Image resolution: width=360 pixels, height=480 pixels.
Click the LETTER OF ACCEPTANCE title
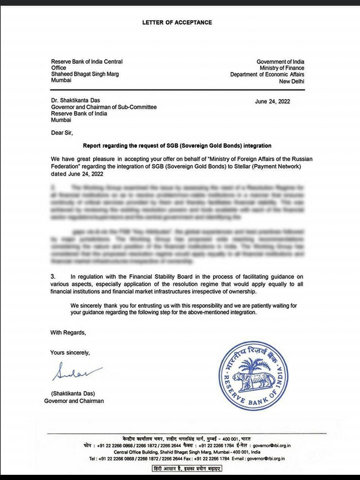coord(177,23)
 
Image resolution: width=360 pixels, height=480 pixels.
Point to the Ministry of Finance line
coord(281,68)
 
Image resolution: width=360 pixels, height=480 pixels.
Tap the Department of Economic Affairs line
coord(268,75)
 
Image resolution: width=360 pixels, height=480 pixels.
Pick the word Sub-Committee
coord(138,107)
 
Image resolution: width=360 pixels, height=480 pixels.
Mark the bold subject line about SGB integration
coord(177,146)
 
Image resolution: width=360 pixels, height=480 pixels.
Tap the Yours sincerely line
coord(70,352)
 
